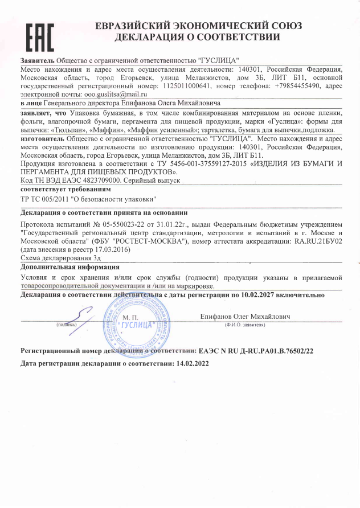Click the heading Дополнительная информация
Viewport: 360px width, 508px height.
[x=69, y=267]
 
